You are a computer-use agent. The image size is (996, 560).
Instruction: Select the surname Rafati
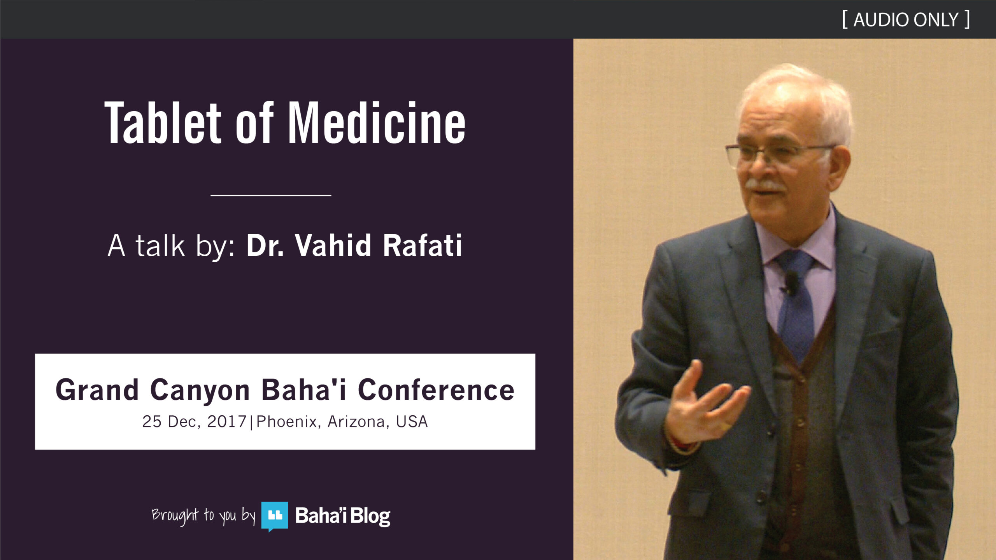click(x=423, y=245)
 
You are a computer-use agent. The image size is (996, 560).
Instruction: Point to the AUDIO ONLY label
click(x=906, y=20)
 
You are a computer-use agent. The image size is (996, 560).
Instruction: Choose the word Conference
click(x=436, y=390)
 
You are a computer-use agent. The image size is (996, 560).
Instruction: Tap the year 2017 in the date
click(x=227, y=422)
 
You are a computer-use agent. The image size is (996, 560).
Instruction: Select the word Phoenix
click(x=286, y=422)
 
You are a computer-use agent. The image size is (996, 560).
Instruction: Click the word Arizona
click(x=356, y=422)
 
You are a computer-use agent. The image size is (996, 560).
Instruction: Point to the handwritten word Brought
click(x=175, y=516)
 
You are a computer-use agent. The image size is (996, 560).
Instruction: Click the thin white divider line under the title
click(x=271, y=195)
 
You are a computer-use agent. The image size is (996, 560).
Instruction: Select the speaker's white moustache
click(x=765, y=185)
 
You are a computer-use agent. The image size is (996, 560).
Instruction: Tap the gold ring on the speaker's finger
click(x=724, y=426)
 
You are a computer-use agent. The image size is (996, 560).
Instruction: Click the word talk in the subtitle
click(x=160, y=246)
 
